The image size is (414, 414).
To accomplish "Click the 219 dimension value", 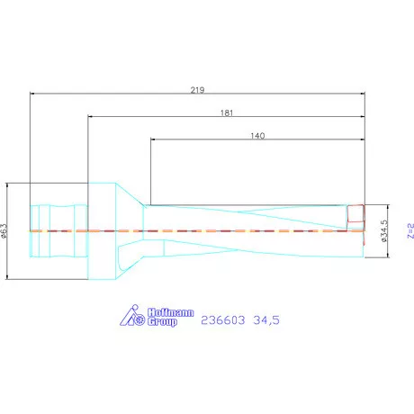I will pyautogui.click(x=198, y=89).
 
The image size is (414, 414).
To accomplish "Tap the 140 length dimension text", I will pyautogui.click(x=257, y=136).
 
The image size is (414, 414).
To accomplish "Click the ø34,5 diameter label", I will pyautogui.click(x=384, y=231).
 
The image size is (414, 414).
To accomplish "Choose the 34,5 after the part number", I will pyautogui.click(x=267, y=319).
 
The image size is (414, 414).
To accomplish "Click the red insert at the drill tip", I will pyautogui.click(x=356, y=215).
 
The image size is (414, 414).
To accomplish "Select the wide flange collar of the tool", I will pyautogui.click(x=101, y=231).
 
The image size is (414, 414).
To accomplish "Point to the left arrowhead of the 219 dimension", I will pyautogui.click(x=32, y=93).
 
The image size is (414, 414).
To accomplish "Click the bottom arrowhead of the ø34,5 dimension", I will pyautogui.click(x=390, y=256).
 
